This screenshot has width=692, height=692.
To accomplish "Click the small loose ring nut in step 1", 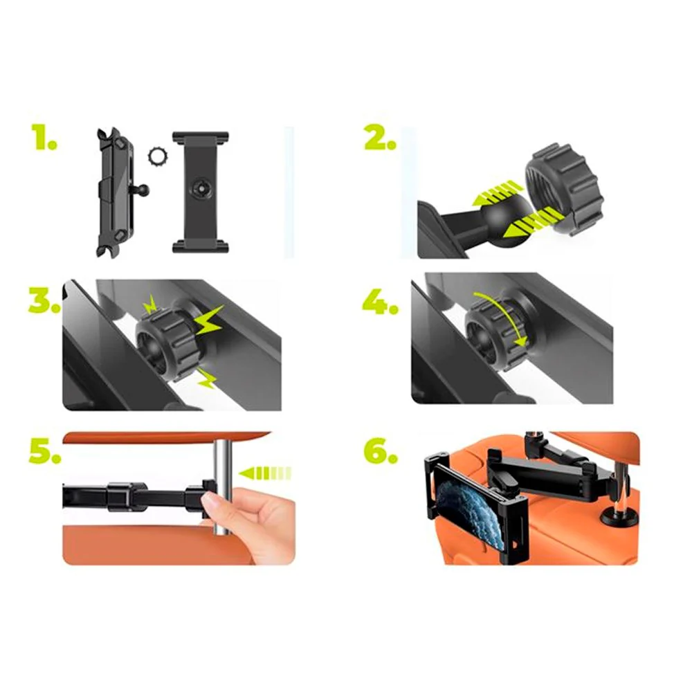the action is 157,155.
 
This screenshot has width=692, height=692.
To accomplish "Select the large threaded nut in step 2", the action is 562,190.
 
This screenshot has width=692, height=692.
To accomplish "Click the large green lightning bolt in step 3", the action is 208,320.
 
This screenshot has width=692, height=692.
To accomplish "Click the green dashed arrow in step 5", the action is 265,473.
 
